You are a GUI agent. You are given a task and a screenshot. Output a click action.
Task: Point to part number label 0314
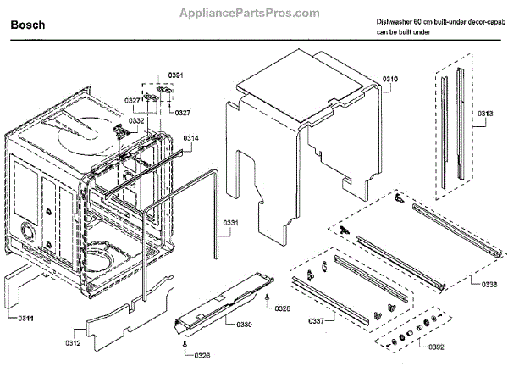click(x=191, y=137)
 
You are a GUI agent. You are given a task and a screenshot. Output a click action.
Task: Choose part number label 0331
click(x=232, y=225)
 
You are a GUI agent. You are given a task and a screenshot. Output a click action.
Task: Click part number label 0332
click(x=136, y=121)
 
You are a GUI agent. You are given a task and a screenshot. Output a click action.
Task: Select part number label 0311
click(x=26, y=318)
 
